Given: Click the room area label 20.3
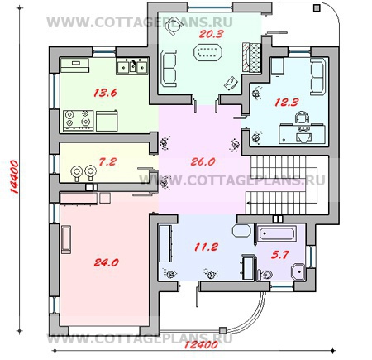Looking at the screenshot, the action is (x=211, y=34).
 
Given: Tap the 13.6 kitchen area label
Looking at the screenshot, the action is (x=105, y=93).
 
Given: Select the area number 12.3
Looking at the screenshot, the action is (x=287, y=103).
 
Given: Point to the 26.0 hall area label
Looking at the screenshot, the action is (x=203, y=161).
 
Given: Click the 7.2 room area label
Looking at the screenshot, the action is (x=107, y=161).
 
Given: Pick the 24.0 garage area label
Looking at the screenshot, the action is (x=107, y=262).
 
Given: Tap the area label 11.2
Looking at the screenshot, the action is (x=206, y=247).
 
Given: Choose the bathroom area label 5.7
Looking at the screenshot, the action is (x=279, y=255).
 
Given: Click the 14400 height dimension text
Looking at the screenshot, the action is (x=14, y=176).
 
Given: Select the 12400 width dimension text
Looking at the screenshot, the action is (x=201, y=345).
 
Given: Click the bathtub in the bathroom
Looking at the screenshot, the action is (x=277, y=233).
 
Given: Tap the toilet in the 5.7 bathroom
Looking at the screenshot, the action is (x=265, y=275).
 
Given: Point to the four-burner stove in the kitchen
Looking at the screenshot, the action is (x=79, y=121).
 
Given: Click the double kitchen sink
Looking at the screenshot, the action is (x=132, y=66).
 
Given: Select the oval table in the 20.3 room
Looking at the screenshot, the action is (x=208, y=52).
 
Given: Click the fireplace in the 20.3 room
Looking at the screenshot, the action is (x=251, y=57).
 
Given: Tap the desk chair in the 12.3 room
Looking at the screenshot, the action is (x=302, y=118).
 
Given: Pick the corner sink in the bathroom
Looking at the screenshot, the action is (x=298, y=272).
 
